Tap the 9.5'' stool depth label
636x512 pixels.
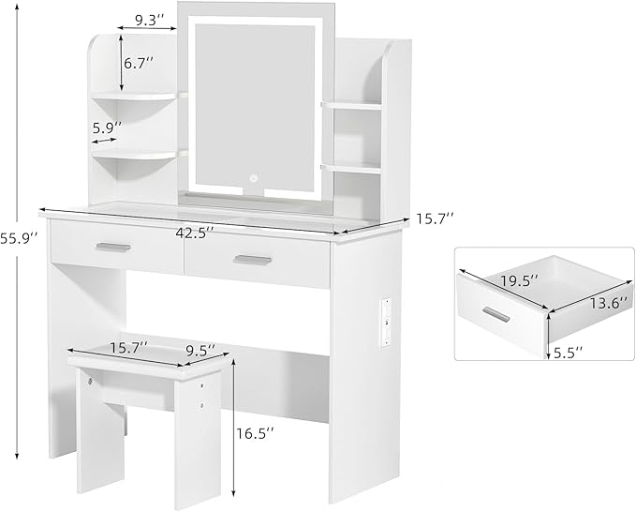coord(199,349)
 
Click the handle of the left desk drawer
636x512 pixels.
coord(114,247)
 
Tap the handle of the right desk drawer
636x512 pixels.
coord(252,260)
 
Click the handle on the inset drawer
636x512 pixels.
coord(497,313)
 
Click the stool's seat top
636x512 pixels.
coord(145,362)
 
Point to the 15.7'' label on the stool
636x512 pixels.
coord(128,347)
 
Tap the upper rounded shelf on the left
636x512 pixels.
coord(141,96)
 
